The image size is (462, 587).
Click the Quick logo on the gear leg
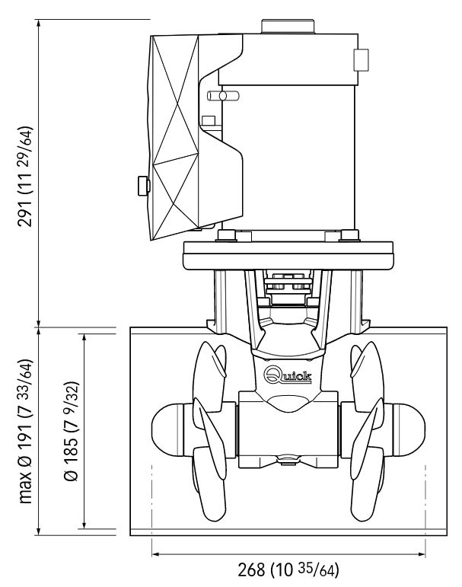(288, 375)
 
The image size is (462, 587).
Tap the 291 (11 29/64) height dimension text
(25, 177)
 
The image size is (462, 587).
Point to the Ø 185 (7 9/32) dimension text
(71, 431)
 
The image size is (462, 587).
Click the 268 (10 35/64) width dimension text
(288, 569)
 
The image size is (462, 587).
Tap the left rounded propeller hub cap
(167, 429)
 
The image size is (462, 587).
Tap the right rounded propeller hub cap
(409, 429)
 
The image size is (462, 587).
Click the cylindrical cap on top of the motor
(288, 27)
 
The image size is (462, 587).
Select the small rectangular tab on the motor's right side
(361, 60)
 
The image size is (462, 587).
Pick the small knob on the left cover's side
(144, 186)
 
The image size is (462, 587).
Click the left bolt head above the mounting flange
(227, 235)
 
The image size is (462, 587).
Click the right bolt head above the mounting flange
(349, 235)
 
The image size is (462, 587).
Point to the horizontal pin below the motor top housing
(223, 96)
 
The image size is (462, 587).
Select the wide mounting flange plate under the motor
(288, 256)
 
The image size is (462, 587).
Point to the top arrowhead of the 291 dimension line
(38, 23)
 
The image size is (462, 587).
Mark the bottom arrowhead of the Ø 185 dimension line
(84, 524)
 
